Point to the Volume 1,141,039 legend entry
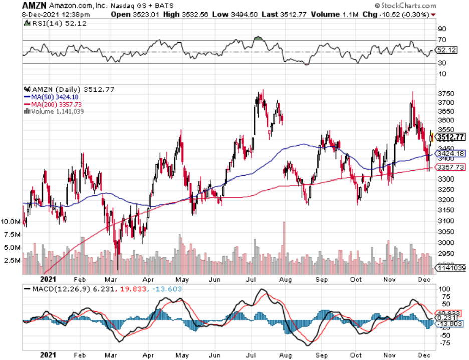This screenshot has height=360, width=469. coord(56,111)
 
